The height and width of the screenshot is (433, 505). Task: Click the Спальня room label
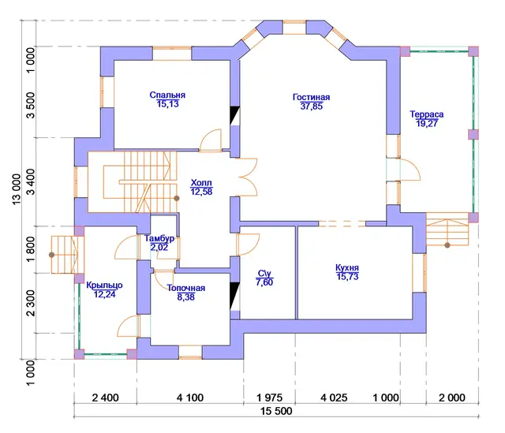(x=167, y=95)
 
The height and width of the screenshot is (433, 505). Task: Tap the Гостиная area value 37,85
(x=312, y=106)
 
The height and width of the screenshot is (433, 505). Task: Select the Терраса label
(x=426, y=114)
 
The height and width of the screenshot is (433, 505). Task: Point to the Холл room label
(x=201, y=183)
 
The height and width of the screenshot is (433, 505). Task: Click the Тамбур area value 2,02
(x=159, y=247)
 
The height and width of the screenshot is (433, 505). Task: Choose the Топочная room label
(x=186, y=288)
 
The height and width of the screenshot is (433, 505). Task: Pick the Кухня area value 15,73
(x=347, y=277)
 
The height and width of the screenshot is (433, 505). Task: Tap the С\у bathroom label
(x=264, y=274)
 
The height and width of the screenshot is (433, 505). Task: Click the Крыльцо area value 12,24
(x=104, y=294)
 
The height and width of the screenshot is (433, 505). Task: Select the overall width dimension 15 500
(x=276, y=411)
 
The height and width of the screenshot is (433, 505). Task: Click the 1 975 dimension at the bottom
(x=269, y=398)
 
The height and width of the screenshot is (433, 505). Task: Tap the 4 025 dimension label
(x=334, y=398)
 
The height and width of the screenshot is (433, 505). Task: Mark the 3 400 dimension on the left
(x=31, y=182)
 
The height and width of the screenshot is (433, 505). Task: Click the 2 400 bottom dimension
(x=105, y=398)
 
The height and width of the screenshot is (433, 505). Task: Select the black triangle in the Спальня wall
(x=235, y=115)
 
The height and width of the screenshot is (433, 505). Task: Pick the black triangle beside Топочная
(x=235, y=297)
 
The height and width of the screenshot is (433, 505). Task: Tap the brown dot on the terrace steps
(x=447, y=245)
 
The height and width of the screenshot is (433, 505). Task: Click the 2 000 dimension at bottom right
(x=452, y=398)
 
